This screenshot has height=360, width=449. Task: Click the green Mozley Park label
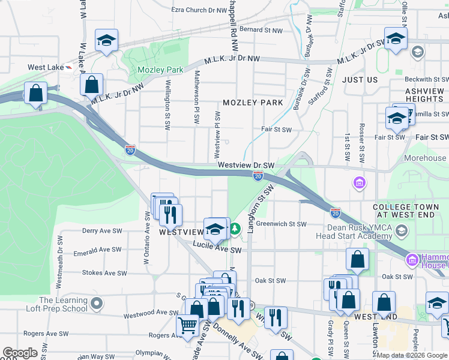[x=160, y=70]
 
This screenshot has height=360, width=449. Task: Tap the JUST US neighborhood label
[x=360, y=80]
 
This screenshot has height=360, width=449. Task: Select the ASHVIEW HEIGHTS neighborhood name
[x=424, y=95]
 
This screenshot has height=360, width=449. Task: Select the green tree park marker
[x=236, y=228]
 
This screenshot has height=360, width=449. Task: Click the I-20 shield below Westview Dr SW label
[x=258, y=175]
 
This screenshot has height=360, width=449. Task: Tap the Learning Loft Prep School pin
[x=96, y=304]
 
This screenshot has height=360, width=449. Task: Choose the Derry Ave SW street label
[x=102, y=230]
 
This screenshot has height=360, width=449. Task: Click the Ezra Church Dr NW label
[x=199, y=10]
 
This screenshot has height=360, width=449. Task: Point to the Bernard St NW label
[x=261, y=29]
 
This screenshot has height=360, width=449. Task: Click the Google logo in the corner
[x=20, y=353]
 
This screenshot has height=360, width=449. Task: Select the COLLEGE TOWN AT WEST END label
[x=410, y=211]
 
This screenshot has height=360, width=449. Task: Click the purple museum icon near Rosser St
[x=360, y=182]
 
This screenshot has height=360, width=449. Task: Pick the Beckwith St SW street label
[x=423, y=79]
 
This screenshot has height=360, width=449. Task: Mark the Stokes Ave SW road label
[x=104, y=272]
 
